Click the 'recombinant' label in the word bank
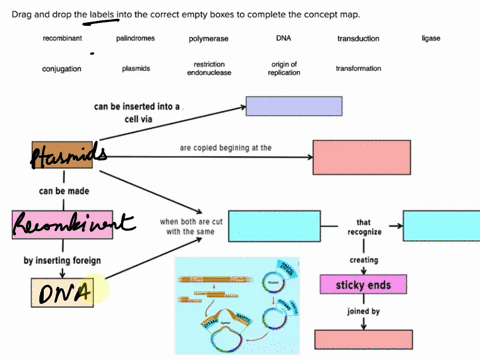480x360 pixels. [62, 38]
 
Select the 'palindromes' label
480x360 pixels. [136, 38]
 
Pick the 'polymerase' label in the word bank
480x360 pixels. [209, 39]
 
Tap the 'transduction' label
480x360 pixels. [358, 38]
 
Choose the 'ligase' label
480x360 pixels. [432, 38]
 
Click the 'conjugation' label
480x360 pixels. [62, 69]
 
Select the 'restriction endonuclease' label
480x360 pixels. [209, 69]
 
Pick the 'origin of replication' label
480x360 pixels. [284, 69]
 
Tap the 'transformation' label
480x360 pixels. [358, 69]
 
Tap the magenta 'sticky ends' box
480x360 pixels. [363, 284]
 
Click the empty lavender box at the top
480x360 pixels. [291, 105]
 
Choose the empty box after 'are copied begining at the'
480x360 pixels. [361, 158]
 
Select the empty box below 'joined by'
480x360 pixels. [363, 339]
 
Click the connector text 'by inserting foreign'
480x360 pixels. [63, 260]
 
